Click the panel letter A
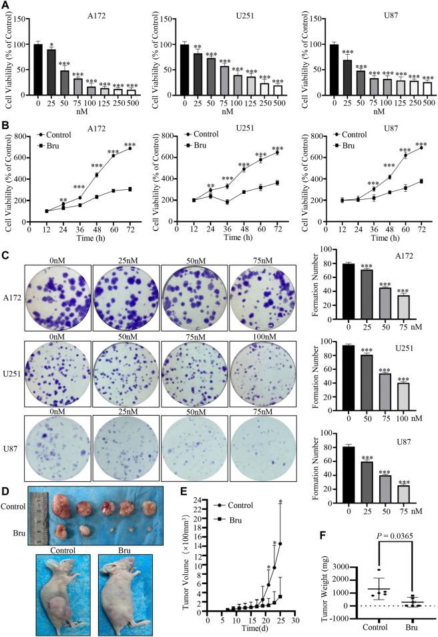pos(6,5)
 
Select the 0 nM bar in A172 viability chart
pos(38,70)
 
